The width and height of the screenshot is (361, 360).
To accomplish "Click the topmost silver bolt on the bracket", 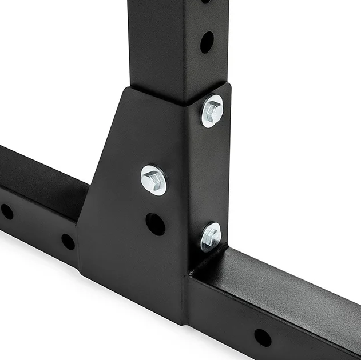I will tap(212, 111).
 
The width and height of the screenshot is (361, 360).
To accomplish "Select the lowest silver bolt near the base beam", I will tap(211, 236).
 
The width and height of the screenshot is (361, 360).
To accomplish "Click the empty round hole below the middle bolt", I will tap(155, 223).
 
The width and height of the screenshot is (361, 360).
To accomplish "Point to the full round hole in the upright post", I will tap(207, 42).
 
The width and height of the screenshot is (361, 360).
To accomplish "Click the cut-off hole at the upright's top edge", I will tap(205, 2).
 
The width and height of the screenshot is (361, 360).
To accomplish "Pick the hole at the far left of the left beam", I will tap(7, 211).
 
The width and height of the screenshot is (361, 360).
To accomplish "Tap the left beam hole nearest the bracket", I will tap(68, 242).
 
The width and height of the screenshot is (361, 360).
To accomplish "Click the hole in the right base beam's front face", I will tap(263, 337).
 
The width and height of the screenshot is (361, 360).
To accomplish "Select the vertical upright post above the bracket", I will tap(166, 46).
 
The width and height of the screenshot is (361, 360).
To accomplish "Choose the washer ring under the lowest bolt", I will tap(204, 242).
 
